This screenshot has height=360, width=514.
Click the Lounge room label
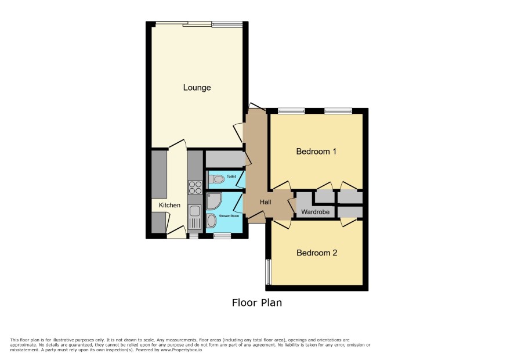[197, 88]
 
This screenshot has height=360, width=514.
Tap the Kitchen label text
[169, 205]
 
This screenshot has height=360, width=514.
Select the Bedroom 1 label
[316, 152]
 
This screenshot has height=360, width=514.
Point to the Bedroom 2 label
[317, 253]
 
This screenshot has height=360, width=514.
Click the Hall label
[266, 202]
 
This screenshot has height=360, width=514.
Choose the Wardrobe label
[316, 212]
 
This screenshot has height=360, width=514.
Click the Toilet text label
[231, 177]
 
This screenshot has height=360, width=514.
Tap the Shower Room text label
[229, 216]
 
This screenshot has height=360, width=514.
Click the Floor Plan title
[257, 303]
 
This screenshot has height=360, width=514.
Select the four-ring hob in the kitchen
[195, 188]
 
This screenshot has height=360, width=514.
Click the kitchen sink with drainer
[195, 217]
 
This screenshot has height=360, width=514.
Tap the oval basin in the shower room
[212, 221]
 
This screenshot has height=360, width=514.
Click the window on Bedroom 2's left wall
[268, 272]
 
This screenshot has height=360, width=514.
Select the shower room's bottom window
[222, 236]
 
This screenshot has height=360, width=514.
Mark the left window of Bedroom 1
[291, 111]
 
